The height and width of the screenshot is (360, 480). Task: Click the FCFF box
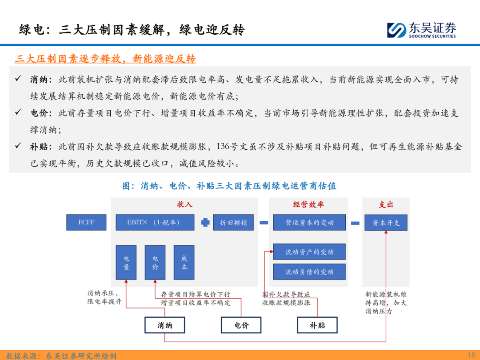[86, 222]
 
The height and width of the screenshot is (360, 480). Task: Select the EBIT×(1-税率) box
[155, 222]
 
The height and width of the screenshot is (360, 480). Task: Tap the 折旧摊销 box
[233, 222]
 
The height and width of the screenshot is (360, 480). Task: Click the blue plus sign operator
[205, 223]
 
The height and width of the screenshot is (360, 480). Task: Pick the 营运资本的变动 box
[309, 222]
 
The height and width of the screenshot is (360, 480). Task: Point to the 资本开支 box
[386, 223]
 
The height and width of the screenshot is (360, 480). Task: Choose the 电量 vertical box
[126, 262]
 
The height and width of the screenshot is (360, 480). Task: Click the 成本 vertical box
[184, 262]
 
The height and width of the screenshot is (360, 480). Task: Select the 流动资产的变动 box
[309, 252]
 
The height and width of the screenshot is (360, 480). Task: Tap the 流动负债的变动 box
[309, 272]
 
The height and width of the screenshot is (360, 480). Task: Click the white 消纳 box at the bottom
[165, 325]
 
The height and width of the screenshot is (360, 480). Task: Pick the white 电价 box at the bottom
[241, 325]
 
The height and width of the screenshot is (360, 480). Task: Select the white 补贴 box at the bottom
[317, 325]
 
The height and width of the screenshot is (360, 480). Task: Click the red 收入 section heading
[184, 204]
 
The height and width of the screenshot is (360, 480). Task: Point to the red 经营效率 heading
[308, 204]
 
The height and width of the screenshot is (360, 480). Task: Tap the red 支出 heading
[386, 204]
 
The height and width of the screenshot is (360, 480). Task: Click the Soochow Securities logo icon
[396, 30]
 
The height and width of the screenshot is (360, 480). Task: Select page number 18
[471, 355]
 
